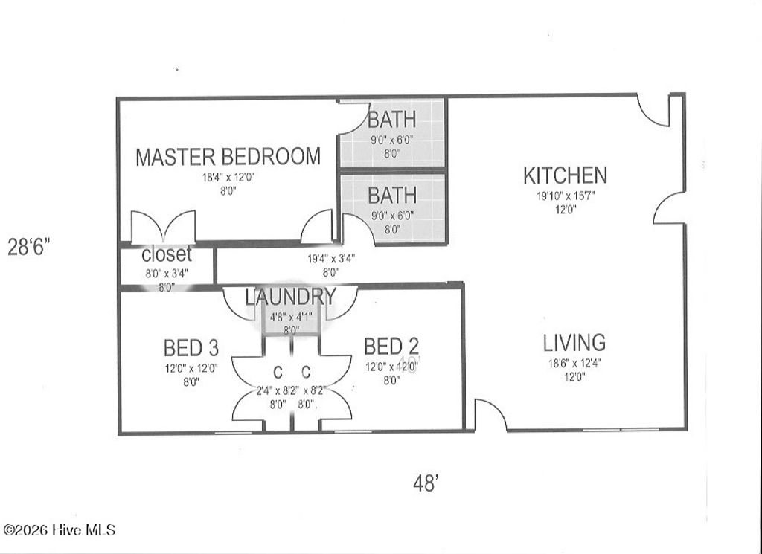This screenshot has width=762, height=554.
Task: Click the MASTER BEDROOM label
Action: (228, 157)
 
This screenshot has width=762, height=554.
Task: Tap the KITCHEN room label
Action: (565, 175)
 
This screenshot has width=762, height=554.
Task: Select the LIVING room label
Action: (574, 343)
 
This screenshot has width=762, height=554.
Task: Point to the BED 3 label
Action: (190, 347)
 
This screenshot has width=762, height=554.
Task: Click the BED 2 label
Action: (391, 346)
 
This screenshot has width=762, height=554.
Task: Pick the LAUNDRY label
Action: (291, 297)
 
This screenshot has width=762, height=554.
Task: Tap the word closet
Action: (167, 254)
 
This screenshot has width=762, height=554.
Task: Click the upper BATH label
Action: (391, 119)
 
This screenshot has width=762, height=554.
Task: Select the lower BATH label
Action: (391, 196)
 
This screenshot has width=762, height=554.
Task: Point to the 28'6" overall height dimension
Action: (28, 247)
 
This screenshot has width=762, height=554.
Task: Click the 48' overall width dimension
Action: (425, 483)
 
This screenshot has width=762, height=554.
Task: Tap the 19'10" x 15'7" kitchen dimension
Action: (566, 196)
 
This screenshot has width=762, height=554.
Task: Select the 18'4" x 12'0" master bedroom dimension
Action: (228, 178)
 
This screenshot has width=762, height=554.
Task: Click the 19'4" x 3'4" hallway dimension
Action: (331, 259)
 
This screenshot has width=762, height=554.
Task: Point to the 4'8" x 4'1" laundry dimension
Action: (291, 316)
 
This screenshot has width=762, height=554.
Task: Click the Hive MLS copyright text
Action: (60, 530)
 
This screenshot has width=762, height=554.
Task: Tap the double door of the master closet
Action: (163, 227)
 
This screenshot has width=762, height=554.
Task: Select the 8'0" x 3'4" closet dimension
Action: (167, 272)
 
